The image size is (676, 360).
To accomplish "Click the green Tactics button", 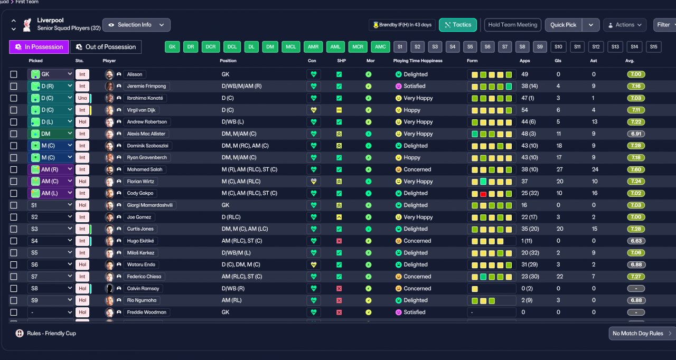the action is (x=458, y=25).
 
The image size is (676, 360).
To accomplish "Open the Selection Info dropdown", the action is (x=136, y=25).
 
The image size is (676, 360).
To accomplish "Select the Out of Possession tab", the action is (x=106, y=47).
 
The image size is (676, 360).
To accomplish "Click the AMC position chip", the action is (x=380, y=47).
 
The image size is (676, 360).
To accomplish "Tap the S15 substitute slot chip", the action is (x=653, y=47).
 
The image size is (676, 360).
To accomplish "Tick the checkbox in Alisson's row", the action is (x=14, y=74).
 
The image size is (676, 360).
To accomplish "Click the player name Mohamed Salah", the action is (x=145, y=169).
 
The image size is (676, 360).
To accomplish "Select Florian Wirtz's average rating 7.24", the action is (x=636, y=181).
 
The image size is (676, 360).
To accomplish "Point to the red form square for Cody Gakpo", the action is (x=483, y=194).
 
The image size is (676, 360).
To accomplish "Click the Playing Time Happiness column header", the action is (x=418, y=61).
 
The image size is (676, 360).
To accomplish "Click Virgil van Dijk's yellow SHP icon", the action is (x=339, y=110).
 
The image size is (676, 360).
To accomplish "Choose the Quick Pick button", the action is (x=563, y=25).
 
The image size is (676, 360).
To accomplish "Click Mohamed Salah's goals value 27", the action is (x=559, y=169).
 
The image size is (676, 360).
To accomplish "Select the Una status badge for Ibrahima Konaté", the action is (x=82, y=98).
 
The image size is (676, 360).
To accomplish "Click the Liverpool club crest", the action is (x=27, y=25).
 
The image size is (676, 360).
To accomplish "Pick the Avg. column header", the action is (x=630, y=61).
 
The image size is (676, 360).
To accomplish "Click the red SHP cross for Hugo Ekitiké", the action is (x=339, y=241).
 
